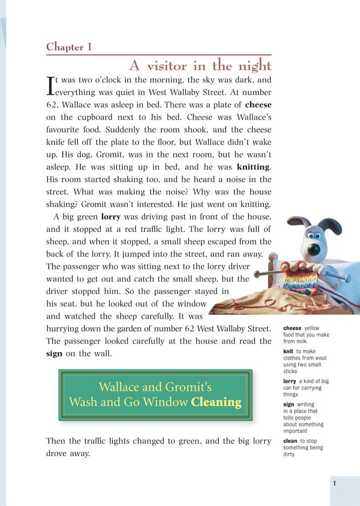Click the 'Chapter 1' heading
tap(69, 47)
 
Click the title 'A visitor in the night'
tap(200, 66)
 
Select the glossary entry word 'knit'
tap(288, 351)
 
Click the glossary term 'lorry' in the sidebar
tap(290, 381)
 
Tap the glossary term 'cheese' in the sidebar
tap(292, 328)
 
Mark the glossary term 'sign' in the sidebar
tap(289, 404)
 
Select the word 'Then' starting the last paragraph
tap(56, 442)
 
